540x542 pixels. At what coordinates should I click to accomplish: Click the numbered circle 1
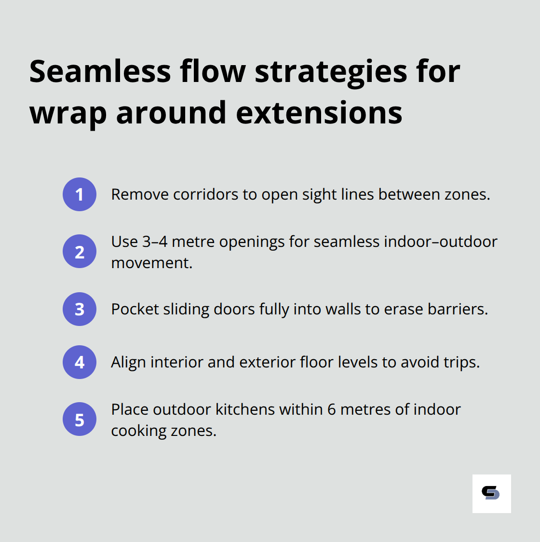[x=80, y=194]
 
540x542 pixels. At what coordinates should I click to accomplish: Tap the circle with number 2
[x=80, y=251]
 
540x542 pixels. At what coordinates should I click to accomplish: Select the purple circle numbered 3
[x=80, y=309]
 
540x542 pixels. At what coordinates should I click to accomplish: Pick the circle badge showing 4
[x=80, y=362]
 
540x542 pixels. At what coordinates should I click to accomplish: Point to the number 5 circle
[x=80, y=419]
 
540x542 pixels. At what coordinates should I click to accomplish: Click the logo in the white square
[x=491, y=493]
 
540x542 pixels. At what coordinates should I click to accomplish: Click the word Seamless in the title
[x=100, y=71]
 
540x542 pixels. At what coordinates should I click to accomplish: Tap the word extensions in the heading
[x=319, y=113]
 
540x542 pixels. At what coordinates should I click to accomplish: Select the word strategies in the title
[x=331, y=71]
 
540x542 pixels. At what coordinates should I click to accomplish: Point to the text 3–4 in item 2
[x=155, y=241]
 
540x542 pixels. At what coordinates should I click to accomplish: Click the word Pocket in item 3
[x=135, y=309]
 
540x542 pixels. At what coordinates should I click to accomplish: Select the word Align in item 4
[x=128, y=362]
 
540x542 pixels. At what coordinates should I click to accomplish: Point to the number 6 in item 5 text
[x=331, y=409]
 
